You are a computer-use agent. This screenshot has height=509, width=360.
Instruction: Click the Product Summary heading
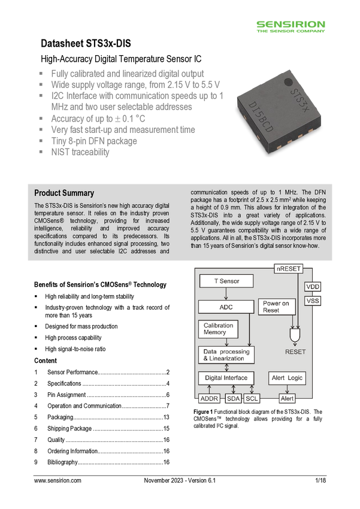pyautogui.click(x=64, y=193)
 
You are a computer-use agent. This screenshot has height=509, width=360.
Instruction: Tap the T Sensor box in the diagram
pyautogui.click(x=226, y=281)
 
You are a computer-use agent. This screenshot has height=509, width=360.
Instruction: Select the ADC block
pyautogui.click(x=226, y=307)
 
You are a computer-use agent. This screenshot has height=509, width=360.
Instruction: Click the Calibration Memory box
pyautogui.click(x=218, y=329)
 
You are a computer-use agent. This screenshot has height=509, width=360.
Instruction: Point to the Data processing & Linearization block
pyautogui.click(x=226, y=355)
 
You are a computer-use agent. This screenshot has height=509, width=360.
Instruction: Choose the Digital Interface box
pyautogui.click(x=226, y=378)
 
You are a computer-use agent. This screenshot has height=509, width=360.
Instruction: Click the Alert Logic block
pyautogui.click(x=288, y=378)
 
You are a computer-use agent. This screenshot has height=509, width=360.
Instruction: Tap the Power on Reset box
pyautogui.click(x=276, y=307)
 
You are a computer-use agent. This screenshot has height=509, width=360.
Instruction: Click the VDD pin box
pyautogui.click(x=313, y=287)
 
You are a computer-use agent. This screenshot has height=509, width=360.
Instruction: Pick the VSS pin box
pyautogui.click(x=313, y=301)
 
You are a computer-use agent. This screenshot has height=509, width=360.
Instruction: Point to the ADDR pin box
pyautogui.click(x=210, y=399)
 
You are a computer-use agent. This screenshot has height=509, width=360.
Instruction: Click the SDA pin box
pyautogui.click(x=233, y=399)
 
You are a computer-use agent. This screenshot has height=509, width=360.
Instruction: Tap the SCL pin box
pyautogui.click(x=252, y=399)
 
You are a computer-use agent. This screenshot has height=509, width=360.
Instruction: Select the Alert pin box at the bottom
pyautogui.click(x=287, y=399)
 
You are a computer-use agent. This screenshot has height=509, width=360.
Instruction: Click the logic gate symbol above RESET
pyautogui.click(x=295, y=332)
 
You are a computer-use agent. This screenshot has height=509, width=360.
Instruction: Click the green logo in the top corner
pyautogui.click(x=291, y=27)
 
